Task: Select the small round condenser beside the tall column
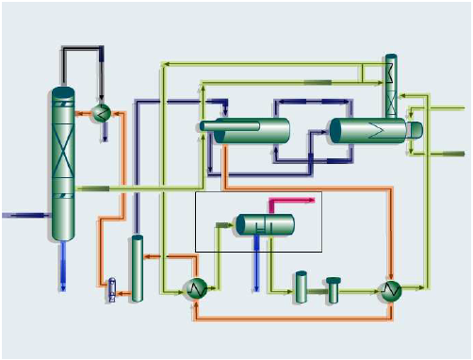(103, 113)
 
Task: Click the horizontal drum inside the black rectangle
(265, 224)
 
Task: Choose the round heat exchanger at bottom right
(389, 290)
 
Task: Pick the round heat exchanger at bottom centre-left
(194, 288)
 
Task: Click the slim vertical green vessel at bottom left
(138, 269)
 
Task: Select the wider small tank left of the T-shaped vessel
(302, 287)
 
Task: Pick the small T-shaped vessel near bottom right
(333, 289)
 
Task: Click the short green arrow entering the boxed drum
(224, 225)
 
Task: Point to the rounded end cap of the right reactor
(414, 130)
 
